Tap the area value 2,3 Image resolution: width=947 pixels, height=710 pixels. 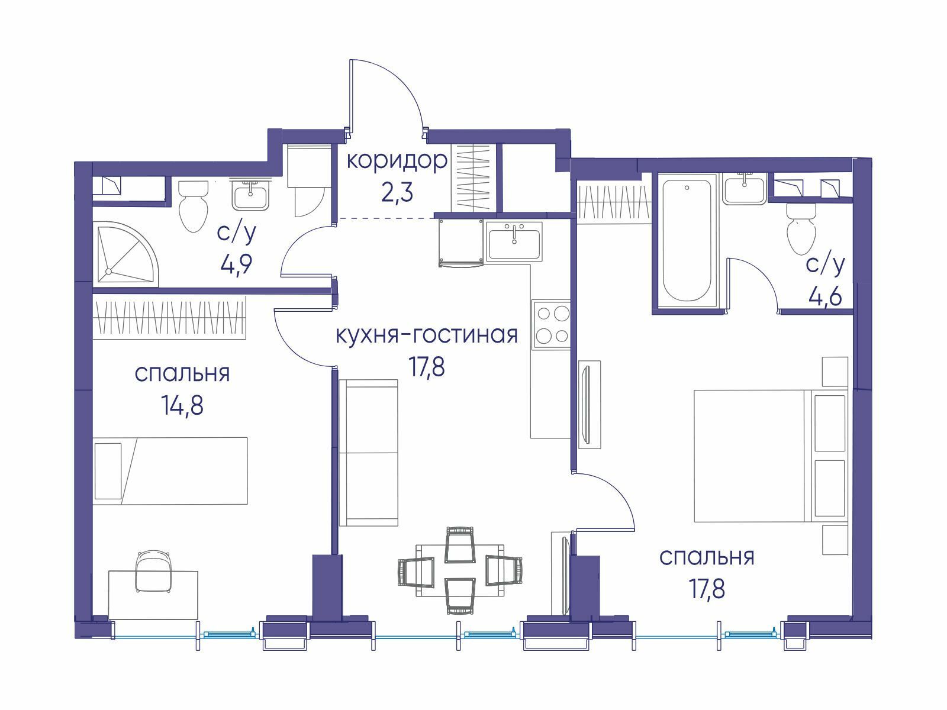[x=397, y=192]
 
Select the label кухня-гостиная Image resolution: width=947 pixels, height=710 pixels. [x=426, y=335]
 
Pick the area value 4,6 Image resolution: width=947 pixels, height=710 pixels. [x=826, y=296]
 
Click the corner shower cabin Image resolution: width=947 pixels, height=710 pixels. [x=126, y=254]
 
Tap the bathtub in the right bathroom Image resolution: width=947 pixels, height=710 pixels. [x=687, y=241]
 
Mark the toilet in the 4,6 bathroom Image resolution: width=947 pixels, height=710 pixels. [x=801, y=230]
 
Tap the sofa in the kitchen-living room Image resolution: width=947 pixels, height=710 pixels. [x=368, y=453]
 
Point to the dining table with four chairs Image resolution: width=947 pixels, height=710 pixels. [x=460, y=570]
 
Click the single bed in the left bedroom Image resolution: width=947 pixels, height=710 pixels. [x=170, y=471]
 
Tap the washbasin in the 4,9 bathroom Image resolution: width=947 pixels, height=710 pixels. [x=251, y=194]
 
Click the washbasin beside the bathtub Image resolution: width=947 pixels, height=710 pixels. [x=745, y=188]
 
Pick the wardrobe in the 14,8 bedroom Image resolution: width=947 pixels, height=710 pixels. [x=169, y=317]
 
